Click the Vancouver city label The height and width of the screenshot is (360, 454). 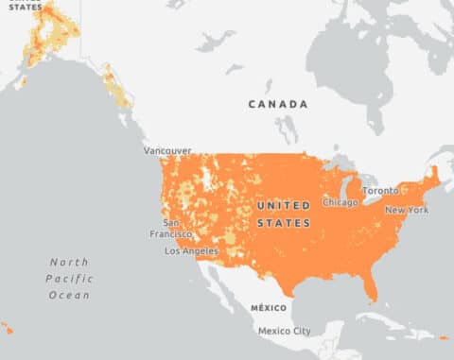click(167, 150)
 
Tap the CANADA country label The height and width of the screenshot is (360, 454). click(278, 104)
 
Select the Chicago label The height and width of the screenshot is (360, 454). click(340, 202)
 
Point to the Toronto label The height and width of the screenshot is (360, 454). click(380, 190)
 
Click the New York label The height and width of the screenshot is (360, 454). click(406, 210)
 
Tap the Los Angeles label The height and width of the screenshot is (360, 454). click(191, 251)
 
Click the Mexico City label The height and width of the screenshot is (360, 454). click(285, 331)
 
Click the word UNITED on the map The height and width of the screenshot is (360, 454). click(283, 205)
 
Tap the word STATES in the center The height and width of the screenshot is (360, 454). click(283, 223)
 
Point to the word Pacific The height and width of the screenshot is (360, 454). click(68, 279)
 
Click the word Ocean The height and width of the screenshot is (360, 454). click(69, 295)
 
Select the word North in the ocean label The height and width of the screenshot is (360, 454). click(69, 262)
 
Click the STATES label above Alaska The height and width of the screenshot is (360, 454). click(26, 6)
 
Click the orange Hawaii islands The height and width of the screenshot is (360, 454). click(7, 329)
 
